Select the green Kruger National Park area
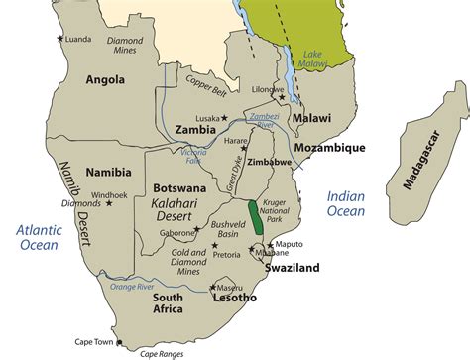(256, 215)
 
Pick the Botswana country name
(179, 186)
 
